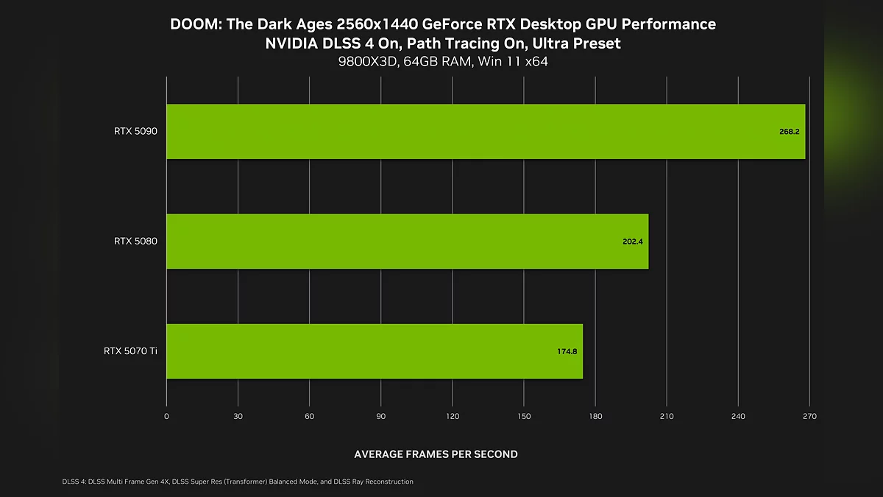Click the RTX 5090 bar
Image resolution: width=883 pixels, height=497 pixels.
pyautogui.click(x=486, y=131)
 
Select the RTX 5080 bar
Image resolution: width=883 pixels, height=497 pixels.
pyautogui.click(x=407, y=241)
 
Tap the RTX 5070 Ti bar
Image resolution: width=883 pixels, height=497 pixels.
pyautogui.click(x=375, y=351)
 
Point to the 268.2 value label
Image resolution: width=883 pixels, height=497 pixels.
pyautogui.click(x=790, y=131)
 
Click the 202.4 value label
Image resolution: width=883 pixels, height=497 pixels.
pyautogui.click(x=633, y=241)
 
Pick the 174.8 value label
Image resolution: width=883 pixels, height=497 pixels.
pyautogui.click(x=567, y=351)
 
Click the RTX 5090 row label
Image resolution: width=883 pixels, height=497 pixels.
pyautogui.click(x=135, y=131)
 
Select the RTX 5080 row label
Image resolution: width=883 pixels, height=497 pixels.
pyautogui.click(x=135, y=241)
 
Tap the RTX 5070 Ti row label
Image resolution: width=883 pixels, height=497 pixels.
pyautogui.click(x=130, y=351)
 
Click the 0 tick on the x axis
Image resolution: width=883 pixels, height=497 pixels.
pyautogui.click(x=166, y=417)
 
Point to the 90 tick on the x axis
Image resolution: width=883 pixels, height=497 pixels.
pyautogui.click(x=381, y=417)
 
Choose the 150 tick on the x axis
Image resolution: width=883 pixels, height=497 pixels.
pyautogui.click(x=524, y=417)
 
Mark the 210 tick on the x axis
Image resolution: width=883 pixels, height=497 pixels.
pyautogui.click(x=667, y=417)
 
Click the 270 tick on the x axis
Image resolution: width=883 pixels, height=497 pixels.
pyautogui.click(x=809, y=417)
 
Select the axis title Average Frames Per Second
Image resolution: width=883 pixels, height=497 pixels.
pyautogui.click(x=436, y=454)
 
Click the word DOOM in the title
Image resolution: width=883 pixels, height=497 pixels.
pyautogui.click(x=195, y=24)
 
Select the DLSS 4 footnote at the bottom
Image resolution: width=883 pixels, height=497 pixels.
pyautogui.click(x=238, y=482)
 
